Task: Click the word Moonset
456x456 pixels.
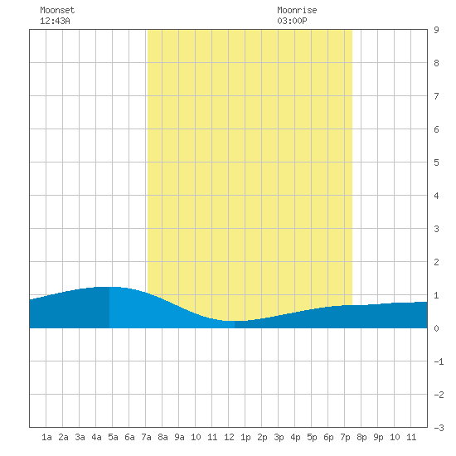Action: click(57, 10)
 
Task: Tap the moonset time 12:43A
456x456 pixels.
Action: click(55, 21)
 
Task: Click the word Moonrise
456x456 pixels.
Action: click(297, 10)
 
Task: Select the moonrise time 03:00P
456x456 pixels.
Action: click(292, 21)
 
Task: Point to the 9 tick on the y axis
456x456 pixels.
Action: click(436, 30)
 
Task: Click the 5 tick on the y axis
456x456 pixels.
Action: click(436, 163)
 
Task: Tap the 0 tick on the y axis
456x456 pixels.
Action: click(436, 328)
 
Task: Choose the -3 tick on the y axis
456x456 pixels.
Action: click(439, 428)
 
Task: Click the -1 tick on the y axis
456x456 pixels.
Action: click(439, 361)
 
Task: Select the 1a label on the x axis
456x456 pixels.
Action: click(46, 437)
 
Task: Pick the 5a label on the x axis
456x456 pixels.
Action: click(113, 437)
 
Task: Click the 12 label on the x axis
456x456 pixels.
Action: click(229, 437)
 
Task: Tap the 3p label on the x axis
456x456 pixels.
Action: click(279, 437)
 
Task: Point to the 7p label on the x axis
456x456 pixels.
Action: click(345, 437)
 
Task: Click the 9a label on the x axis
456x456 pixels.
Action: click(179, 437)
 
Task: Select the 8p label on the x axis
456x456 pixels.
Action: click(361, 437)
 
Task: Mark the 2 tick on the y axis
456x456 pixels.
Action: click(436, 262)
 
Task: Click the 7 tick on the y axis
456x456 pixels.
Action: click(436, 96)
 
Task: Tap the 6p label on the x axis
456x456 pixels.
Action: click(328, 437)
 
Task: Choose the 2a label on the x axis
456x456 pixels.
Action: click(63, 437)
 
